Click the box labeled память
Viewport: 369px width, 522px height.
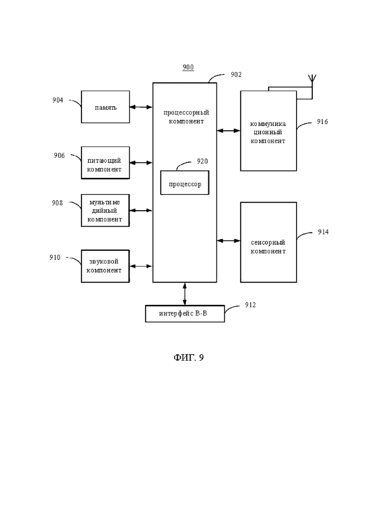tap(105, 107)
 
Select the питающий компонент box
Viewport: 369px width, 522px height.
tap(105, 163)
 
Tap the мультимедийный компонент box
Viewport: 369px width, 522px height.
tap(105, 211)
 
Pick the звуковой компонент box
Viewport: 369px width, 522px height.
tap(105, 266)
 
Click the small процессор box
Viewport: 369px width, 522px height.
tap(185, 182)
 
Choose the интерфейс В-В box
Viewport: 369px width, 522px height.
tap(185, 313)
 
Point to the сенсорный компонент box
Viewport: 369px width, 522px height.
tap(269, 242)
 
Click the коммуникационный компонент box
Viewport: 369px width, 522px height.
tap(269, 131)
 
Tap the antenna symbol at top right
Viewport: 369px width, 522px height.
tap(312, 80)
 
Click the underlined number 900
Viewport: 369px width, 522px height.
tap(188, 68)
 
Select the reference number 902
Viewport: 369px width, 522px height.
tap(236, 75)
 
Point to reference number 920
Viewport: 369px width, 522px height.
tap(202, 161)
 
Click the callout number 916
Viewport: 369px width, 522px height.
tap(323, 122)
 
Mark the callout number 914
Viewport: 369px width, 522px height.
tap(323, 232)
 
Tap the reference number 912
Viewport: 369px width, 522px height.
tap(250, 305)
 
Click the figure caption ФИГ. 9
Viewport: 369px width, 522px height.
tap(189, 357)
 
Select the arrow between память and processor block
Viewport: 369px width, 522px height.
tap(141, 107)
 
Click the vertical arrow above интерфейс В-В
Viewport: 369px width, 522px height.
tap(185, 293)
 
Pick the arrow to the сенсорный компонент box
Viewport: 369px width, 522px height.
tap(228, 240)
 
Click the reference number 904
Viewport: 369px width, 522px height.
tap(58, 100)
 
